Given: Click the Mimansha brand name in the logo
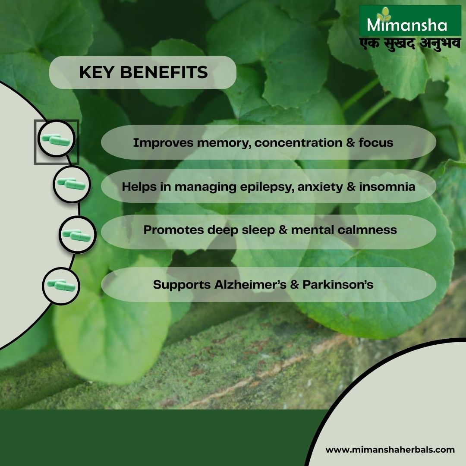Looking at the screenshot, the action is coord(407,25).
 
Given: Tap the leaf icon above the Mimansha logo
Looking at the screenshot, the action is coord(384,14).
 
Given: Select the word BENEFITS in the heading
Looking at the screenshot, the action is coord(164,72).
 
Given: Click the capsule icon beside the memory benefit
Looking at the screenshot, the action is coord(56,139).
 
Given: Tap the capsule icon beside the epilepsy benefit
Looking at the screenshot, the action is coord(72,184).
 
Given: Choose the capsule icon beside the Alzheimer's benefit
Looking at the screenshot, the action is coord(61,286).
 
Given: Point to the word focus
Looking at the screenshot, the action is coord(376,142).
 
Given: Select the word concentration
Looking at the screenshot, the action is coord(298,143).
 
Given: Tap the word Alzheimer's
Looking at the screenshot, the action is coord(250,284).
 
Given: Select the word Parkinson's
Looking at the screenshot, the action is coord(338,284).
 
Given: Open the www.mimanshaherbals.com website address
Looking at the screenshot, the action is coord(390,450).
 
